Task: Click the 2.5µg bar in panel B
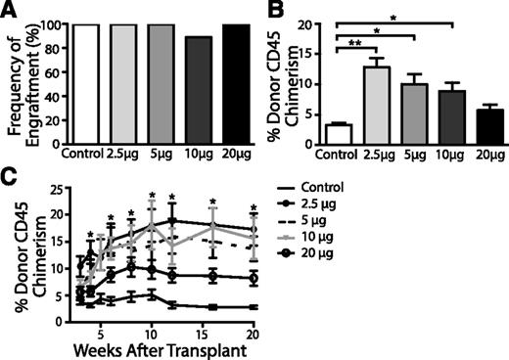coord(372,108)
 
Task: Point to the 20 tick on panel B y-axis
coord(311,24)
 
